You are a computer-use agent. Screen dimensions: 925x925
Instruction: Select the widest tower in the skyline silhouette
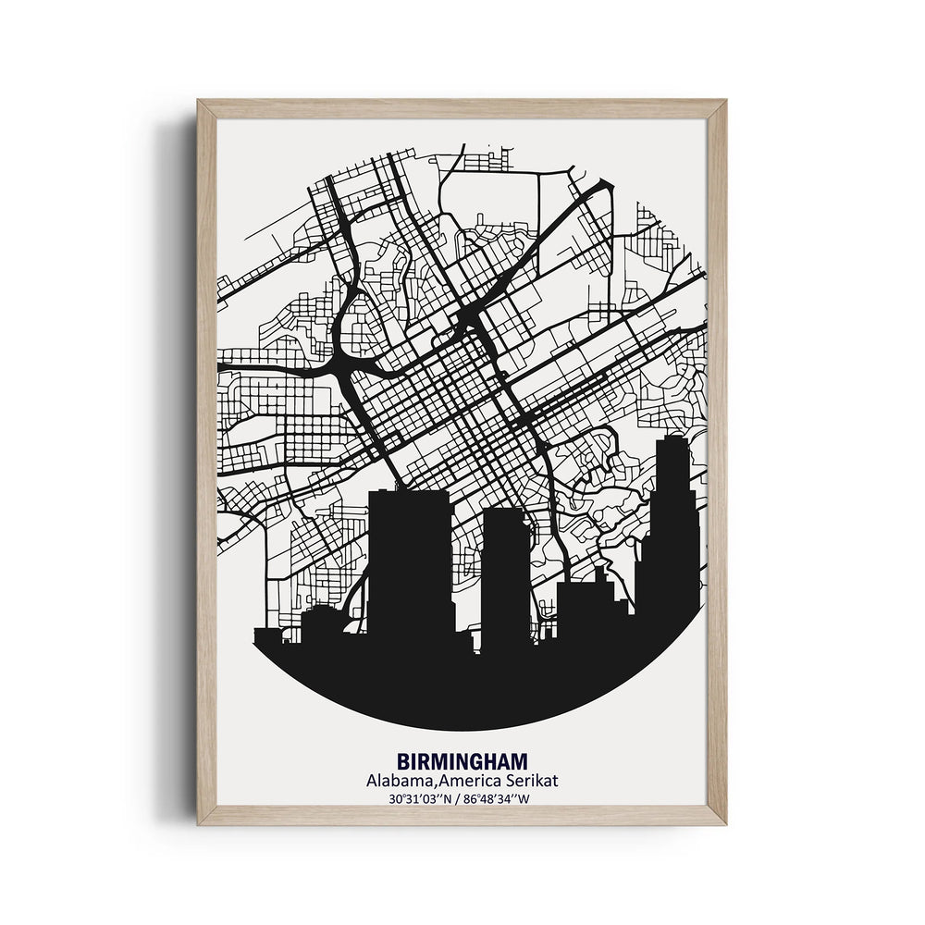[x=410, y=564]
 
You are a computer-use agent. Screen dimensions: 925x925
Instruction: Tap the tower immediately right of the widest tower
[x=506, y=573]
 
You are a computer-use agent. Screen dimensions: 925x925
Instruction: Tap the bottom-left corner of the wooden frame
[x=200, y=821]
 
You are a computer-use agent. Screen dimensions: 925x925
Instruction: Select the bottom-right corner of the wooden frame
[x=723, y=821]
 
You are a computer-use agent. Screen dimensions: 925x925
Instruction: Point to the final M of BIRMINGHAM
[x=520, y=762]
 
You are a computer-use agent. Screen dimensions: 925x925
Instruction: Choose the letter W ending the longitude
[x=530, y=797]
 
